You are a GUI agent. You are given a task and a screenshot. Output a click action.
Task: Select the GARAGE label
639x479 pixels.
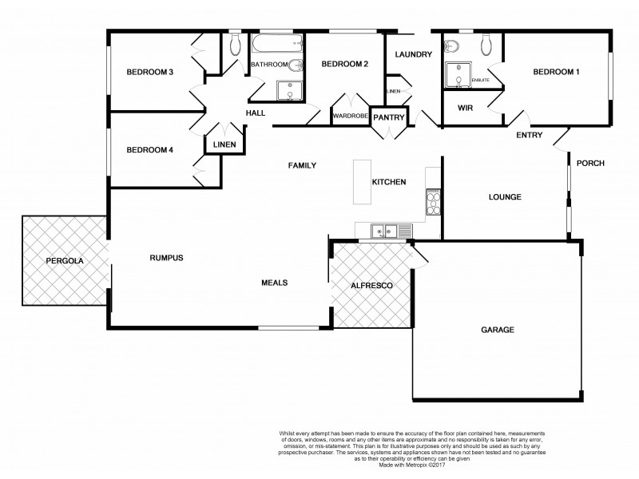pyautogui.click(x=497, y=329)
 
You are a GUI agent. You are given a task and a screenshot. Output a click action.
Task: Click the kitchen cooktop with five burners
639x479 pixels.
pyautogui.click(x=434, y=202)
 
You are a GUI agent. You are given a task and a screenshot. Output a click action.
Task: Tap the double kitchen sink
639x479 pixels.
pyautogui.click(x=384, y=232)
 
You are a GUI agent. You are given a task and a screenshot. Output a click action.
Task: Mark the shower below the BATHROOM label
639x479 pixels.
pyautogui.click(x=287, y=91)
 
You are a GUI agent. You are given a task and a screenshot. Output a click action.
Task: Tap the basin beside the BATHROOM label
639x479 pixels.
pyautogui.click(x=295, y=65)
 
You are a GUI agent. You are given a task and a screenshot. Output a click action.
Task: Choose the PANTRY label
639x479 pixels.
pyautogui.click(x=389, y=117)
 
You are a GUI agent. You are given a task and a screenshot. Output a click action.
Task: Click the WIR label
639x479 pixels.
pyautogui.click(x=466, y=108)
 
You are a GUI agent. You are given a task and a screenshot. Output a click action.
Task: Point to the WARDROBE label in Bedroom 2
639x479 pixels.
pyautogui.click(x=351, y=117)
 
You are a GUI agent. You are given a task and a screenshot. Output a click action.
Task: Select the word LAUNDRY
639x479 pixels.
pyautogui.click(x=413, y=54)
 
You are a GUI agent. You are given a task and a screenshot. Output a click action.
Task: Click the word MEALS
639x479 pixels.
pyautogui.click(x=275, y=283)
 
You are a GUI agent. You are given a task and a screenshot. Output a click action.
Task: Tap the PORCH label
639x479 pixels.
pyautogui.click(x=590, y=164)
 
